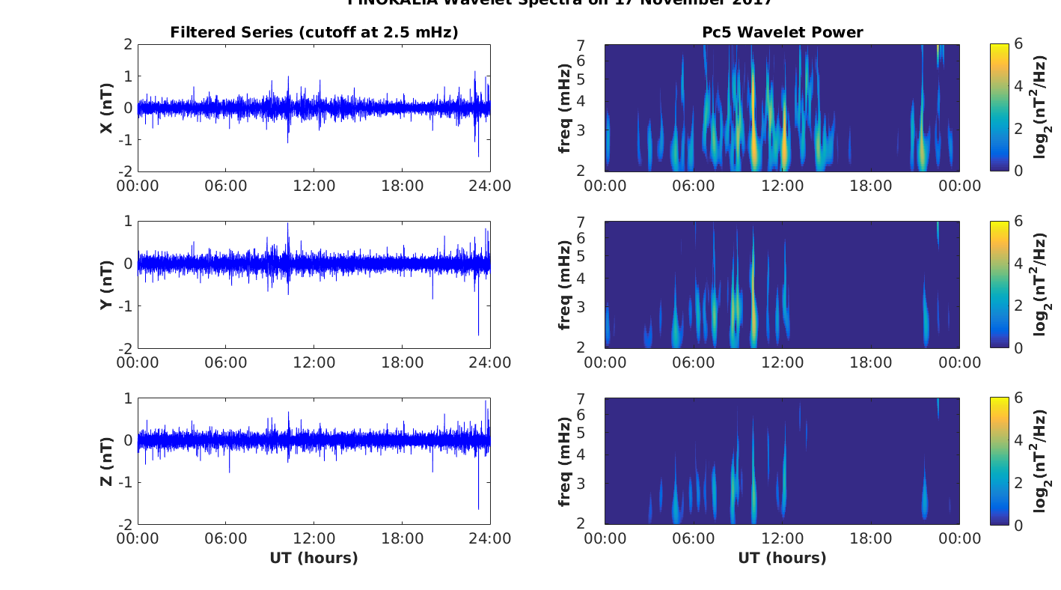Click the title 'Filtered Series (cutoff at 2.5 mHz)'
coord(314,32)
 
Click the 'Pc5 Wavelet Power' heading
coord(782,32)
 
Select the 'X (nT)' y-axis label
coord(107,109)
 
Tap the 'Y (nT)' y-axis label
coord(107,285)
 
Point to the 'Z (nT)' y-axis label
coord(107,461)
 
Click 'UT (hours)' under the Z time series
coord(314,558)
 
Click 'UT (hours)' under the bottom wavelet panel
coord(782,558)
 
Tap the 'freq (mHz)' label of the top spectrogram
coord(566,109)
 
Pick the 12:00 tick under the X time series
coord(314,186)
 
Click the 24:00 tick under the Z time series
coord(490,539)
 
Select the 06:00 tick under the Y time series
coord(226,362)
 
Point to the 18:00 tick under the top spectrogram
coord(871,186)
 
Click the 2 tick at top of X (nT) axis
coord(129,45)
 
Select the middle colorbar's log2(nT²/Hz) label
coord(1041,285)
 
